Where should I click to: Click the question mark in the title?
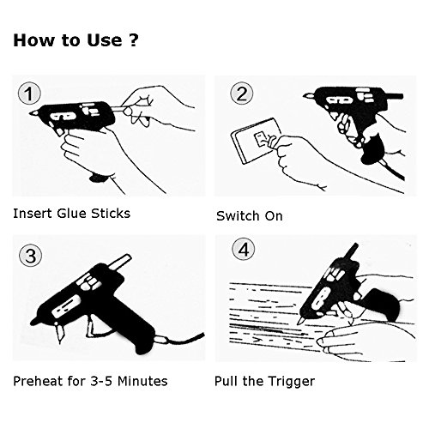click(134, 40)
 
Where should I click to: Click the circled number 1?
click(29, 94)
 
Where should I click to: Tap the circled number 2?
click(242, 94)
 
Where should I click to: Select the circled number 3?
click(30, 256)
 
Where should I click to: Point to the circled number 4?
click(243, 249)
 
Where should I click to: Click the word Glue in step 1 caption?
click(72, 214)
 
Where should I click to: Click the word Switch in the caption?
click(239, 216)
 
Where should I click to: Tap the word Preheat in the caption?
click(38, 381)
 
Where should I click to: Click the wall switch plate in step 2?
click(255, 141)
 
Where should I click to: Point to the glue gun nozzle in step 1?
click(33, 113)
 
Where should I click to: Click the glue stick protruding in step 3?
click(119, 262)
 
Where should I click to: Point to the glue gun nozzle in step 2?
click(308, 95)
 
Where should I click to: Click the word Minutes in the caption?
click(142, 381)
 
